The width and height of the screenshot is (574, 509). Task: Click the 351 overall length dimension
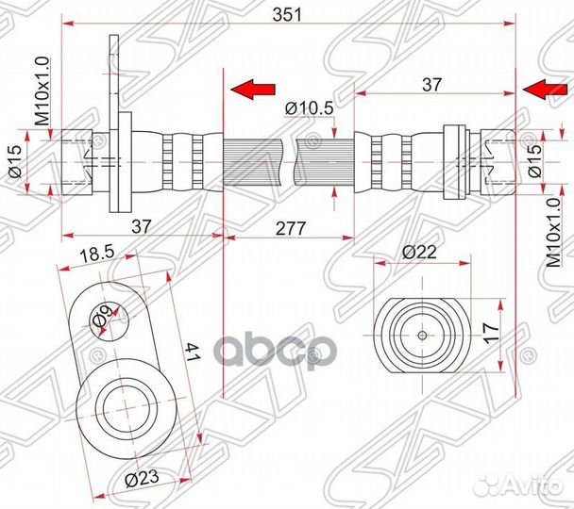287,15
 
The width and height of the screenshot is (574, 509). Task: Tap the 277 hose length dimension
290,228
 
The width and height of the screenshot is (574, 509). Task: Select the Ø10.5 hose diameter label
310,108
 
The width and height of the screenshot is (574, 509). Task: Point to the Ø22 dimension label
419,252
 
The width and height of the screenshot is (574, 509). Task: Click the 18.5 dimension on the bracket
96,254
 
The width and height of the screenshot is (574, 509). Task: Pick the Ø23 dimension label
142,478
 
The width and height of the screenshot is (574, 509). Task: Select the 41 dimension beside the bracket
192,352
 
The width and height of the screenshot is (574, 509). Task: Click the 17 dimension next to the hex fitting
491,333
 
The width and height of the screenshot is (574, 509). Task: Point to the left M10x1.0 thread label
42,91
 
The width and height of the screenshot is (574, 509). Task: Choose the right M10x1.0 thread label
553,234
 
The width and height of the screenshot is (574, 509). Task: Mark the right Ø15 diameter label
535,161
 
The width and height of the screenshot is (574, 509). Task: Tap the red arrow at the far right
545,90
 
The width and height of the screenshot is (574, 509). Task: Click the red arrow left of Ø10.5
253,90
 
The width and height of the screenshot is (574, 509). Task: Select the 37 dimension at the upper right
432,85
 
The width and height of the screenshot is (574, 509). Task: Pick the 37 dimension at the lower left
142,226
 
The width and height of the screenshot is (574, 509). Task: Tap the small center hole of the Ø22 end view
422,336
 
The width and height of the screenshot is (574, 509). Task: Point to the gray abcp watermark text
274,350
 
